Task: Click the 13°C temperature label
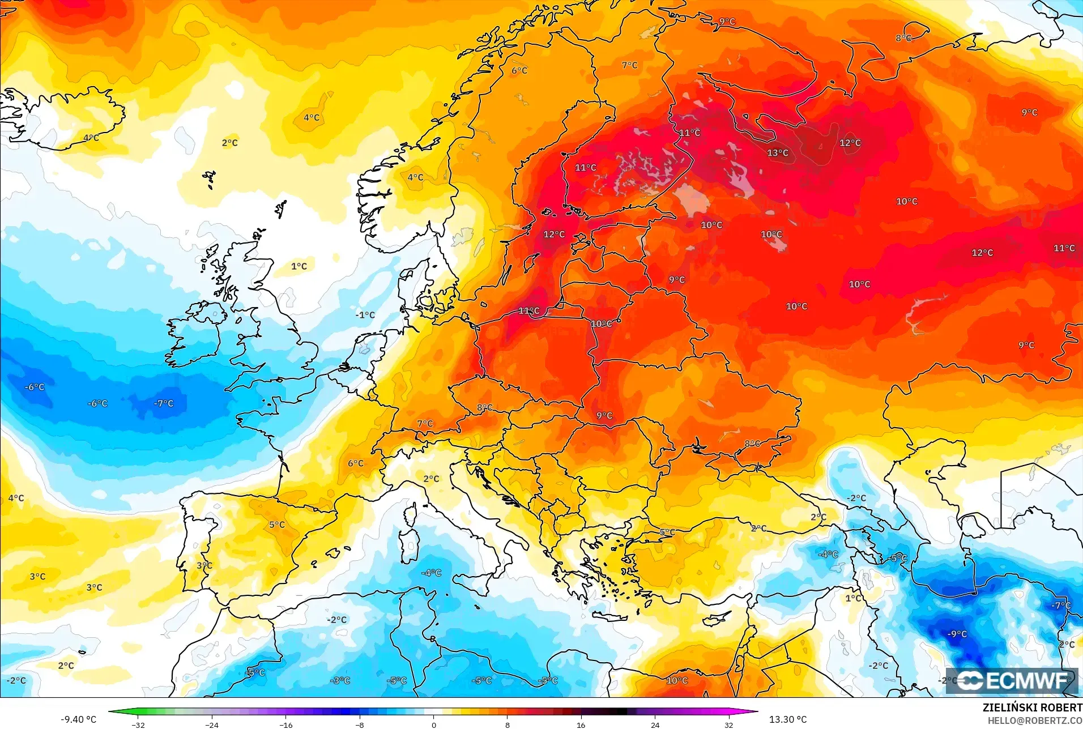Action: (x=777, y=153)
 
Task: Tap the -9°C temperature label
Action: (x=957, y=634)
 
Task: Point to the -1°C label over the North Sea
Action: (x=365, y=315)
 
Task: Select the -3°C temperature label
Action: (x=340, y=680)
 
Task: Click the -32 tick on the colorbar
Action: (x=138, y=724)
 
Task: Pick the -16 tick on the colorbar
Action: (x=286, y=724)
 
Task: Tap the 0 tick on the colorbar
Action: (x=434, y=724)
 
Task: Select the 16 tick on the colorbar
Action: (x=581, y=724)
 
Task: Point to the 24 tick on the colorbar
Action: (x=655, y=724)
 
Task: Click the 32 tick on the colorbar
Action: (x=728, y=724)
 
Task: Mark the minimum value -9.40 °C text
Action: (x=79, y=719)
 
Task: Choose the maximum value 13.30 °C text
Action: (x=787, y=719)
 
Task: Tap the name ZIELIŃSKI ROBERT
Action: (x=1032, y=707)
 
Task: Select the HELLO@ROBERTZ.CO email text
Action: (x=1035, y=721)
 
